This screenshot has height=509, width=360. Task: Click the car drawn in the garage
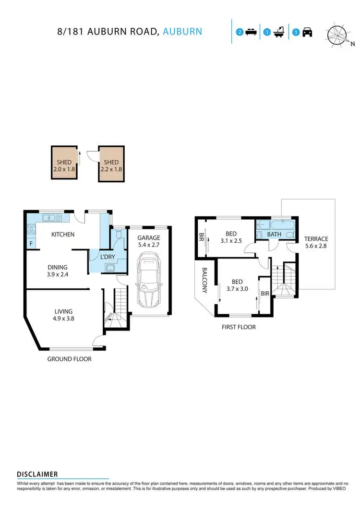pyautogui.click(x=149, y=282)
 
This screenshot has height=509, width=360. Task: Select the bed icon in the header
pyautogui.click(x=250, y=33)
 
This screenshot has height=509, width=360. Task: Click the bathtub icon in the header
pyautogui.click(x=278, y=33)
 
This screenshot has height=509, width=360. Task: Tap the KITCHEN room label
pyautogui.click(x=63, y=235)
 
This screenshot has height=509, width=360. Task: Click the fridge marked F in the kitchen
pyautogui.click(x=31, y=244)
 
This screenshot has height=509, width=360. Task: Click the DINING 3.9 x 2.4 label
pyautogui.click(x=57, y=271)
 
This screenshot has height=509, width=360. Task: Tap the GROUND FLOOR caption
pyautogui.click(x=69, y=359)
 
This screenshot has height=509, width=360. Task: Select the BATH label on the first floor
pyautogui.click(x=274, y=235)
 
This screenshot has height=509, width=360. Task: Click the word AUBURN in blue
pyautogui.click(x=182, y=32)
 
